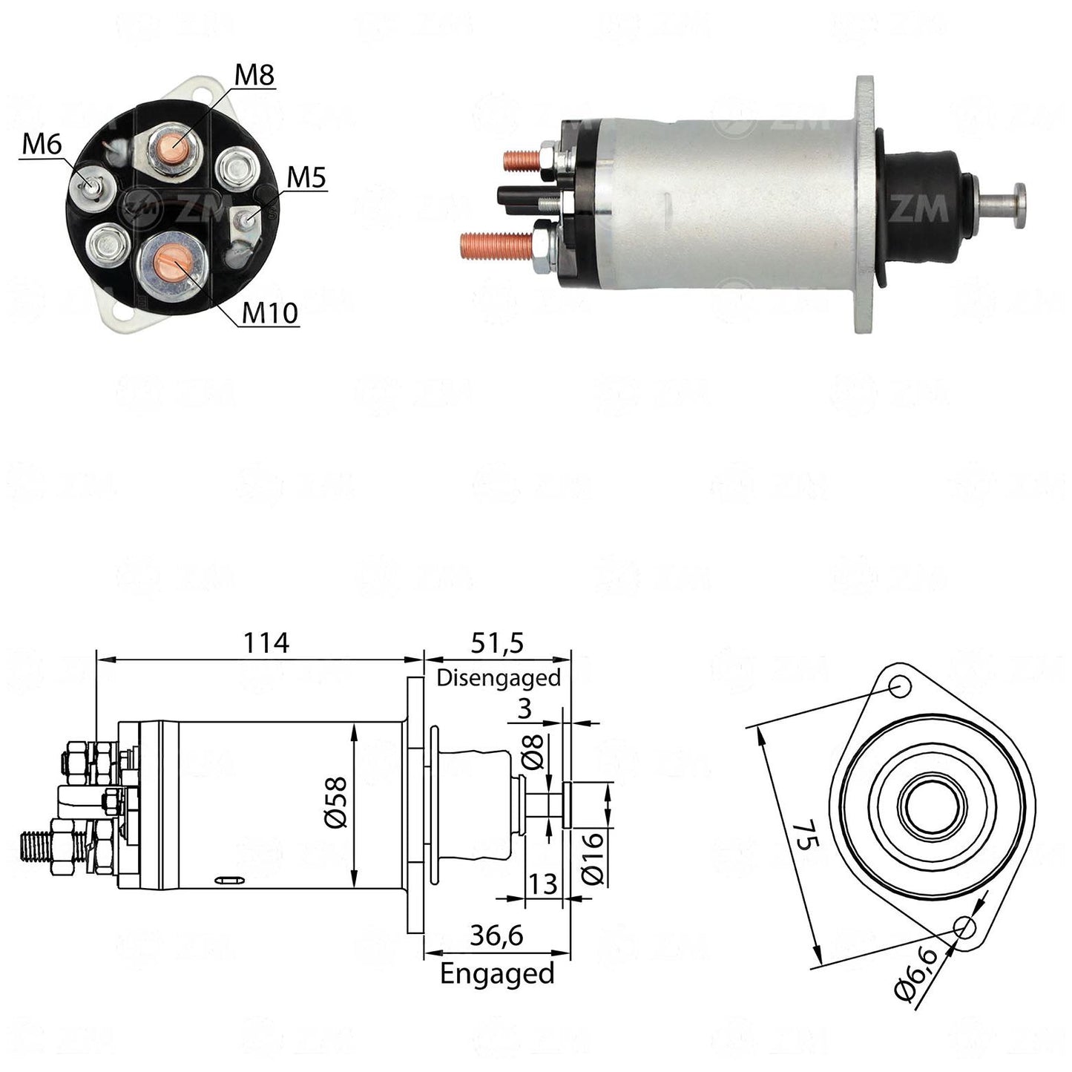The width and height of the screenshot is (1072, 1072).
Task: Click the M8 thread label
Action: [x=254, y=74]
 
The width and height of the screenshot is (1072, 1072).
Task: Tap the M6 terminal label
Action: [x=42, y=145]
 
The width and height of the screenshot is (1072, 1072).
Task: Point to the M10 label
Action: [x=270, y=313]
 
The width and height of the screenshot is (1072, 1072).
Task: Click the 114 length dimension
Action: [x=266, y=643]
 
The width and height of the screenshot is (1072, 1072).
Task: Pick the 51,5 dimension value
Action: [x=497, y=644]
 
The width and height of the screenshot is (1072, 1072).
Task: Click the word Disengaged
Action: [x=499, y=679]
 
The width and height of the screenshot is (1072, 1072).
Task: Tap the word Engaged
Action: [x=497, y=974]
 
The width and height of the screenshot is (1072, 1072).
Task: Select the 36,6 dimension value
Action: [x=497, y=935]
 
